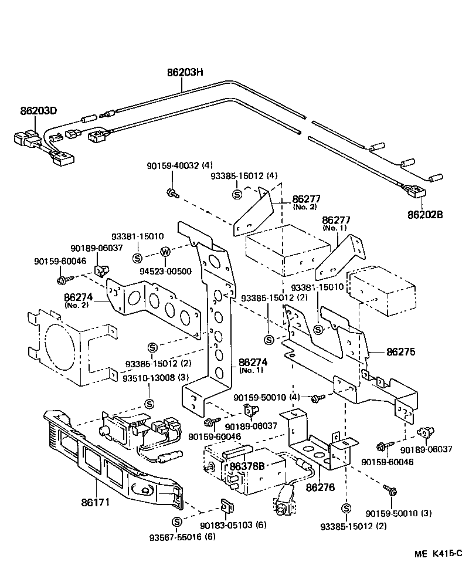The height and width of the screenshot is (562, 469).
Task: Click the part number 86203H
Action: coord(185,73)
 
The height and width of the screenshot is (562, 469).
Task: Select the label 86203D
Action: coord(39,111)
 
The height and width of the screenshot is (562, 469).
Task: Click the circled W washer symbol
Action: coord(165,252)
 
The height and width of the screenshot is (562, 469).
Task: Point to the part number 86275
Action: coord(400,352)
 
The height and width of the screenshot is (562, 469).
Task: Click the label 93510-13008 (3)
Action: coord(148,377)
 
